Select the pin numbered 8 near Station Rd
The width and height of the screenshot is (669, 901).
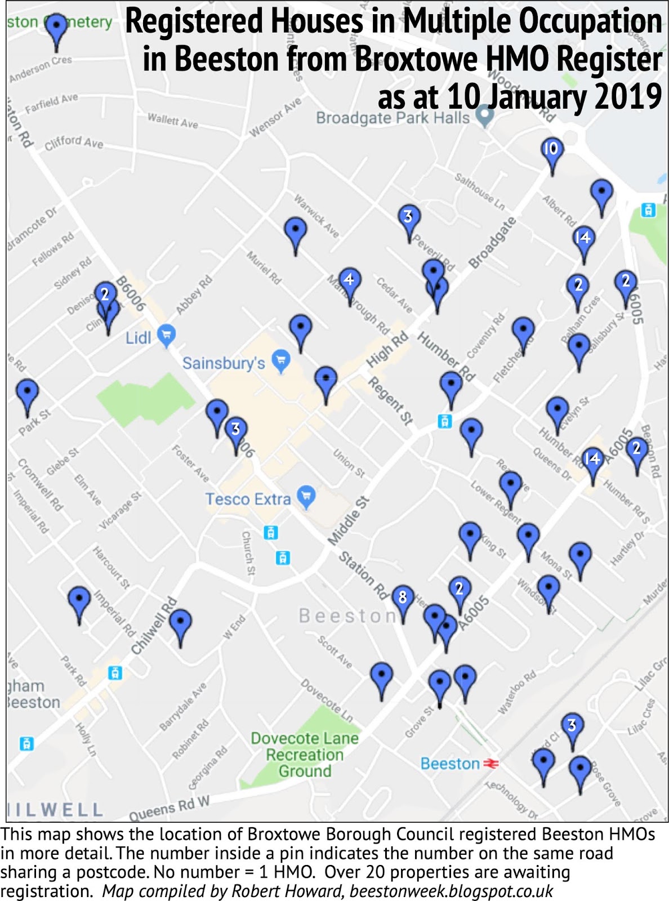pos(402,598)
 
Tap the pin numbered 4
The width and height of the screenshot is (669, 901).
pos(349,280)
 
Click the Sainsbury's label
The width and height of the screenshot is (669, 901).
pos(224,363)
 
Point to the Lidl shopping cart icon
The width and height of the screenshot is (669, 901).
pos(166,335)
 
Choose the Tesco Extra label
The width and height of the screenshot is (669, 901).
pos(248,499)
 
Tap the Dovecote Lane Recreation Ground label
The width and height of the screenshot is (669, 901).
pos(305,755)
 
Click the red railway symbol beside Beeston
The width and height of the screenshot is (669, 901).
pos(490,764)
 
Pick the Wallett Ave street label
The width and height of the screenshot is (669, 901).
pos(173,120)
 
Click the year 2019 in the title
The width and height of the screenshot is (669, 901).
pos(628,97)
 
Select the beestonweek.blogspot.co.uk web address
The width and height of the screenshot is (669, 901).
pos(451,891)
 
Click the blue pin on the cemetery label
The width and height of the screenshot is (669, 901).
pos(56,27)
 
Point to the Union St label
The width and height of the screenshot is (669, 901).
pos(349,463)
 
